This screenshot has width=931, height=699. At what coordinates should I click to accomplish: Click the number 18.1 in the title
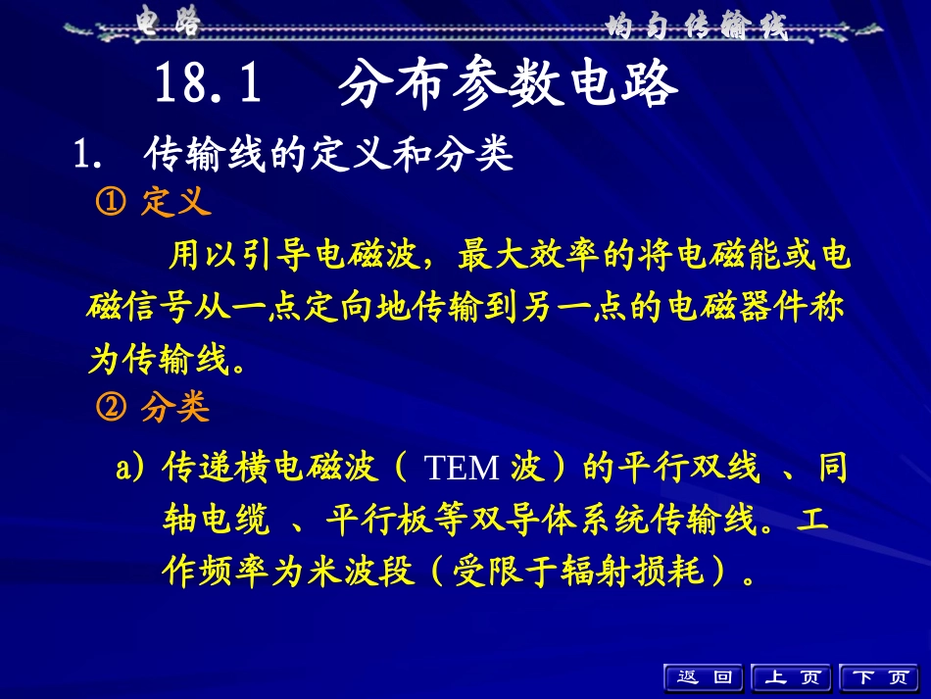coord(209,86)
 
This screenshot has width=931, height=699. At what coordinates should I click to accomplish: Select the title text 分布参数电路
coord(508,86)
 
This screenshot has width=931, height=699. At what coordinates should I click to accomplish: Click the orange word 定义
coord(176,203)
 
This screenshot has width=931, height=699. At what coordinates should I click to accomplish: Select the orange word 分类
coord(176,407)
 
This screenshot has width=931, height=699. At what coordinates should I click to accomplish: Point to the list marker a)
coord(131,470)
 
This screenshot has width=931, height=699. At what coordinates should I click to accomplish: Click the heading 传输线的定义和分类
coord(328,155)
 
